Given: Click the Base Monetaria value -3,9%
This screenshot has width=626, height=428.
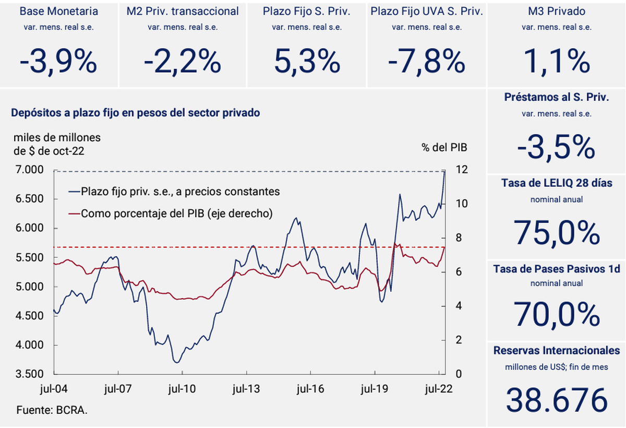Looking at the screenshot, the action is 58,62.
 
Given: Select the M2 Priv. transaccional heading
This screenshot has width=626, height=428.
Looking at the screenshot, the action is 183,11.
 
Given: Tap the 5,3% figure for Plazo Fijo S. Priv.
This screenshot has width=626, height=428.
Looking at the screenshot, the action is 307,62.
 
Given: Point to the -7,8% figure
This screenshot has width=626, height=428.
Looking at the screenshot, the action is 427,62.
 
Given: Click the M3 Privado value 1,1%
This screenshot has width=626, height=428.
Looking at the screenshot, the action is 557,62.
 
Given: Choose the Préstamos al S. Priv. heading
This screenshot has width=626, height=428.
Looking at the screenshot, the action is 557,97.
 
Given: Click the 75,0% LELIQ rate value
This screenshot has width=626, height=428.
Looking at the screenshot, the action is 557,233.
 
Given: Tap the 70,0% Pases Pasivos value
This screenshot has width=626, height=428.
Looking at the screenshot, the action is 557,314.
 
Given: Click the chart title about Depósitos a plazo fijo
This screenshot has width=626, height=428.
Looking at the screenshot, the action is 136,113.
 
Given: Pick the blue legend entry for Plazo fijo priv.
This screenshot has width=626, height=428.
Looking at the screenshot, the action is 174,192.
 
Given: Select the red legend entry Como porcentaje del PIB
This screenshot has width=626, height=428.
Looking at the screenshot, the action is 171,213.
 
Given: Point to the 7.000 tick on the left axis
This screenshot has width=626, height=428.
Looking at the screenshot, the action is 30,170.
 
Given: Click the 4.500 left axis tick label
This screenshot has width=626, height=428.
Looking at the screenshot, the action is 30,316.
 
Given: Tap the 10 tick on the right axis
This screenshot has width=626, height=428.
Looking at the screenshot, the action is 462,204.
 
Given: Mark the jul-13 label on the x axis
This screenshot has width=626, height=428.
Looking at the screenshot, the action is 246,389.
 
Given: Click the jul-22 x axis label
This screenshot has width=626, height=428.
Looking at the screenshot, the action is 439,389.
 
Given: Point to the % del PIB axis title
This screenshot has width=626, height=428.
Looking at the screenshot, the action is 444,148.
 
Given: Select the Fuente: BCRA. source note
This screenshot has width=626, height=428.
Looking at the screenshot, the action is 52,410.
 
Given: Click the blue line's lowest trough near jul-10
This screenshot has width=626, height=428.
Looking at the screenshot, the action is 177,363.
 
